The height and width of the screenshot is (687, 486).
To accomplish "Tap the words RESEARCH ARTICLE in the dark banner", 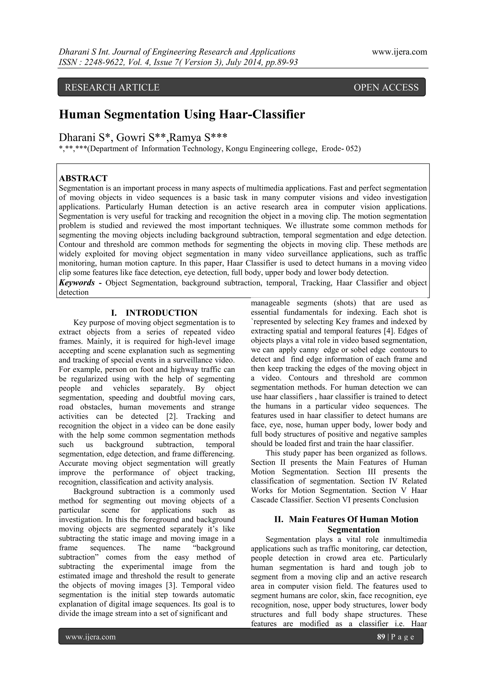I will pos(112,87).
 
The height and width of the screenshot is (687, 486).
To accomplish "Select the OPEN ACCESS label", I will pos(386,87).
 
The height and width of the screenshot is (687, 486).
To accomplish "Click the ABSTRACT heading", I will pos(83,178).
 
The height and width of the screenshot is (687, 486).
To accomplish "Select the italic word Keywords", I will pos(77,283).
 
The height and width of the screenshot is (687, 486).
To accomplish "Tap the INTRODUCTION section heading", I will pos(161,313).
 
